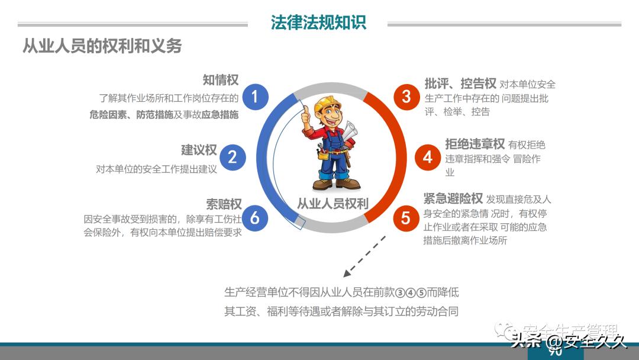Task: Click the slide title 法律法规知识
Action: pos(318,22)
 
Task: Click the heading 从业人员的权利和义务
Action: pos(102,46)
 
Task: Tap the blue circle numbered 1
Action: pos(255,96)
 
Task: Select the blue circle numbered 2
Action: pos(233,157)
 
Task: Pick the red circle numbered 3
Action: pos(406,96)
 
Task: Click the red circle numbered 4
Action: pos(428,157)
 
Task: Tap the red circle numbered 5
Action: pos(405,218)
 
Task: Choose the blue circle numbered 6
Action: pos(255,218)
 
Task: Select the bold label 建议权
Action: pos(199,150)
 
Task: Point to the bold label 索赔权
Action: pos(224,204)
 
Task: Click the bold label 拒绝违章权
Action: pos(475,144)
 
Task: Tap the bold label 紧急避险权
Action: pos(453,198)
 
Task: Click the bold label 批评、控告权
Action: pos(460,83)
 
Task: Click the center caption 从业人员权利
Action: pos(332,204)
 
